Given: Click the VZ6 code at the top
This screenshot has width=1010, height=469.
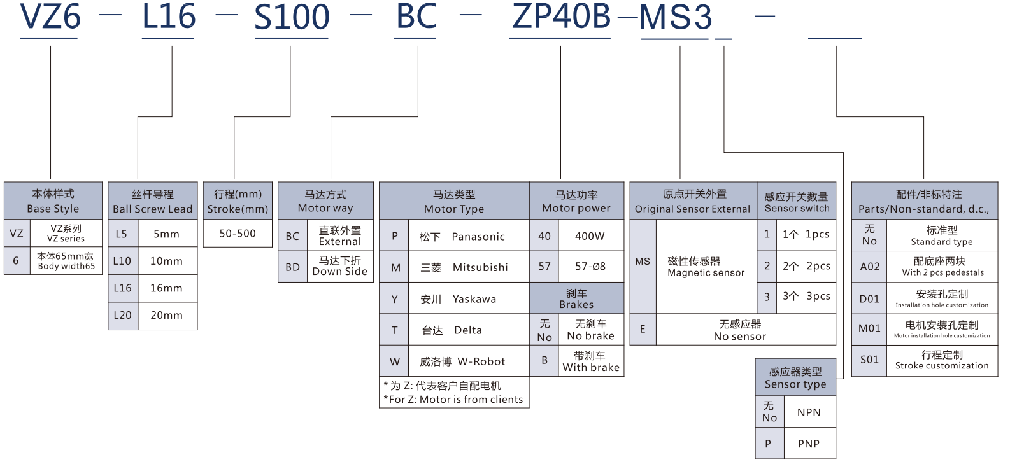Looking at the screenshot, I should click(50, 17).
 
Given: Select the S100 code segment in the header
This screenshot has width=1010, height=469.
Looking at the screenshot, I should click(292, 17).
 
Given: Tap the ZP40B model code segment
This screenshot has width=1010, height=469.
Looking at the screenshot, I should click(561, 17).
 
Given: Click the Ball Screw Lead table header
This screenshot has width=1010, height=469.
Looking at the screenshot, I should click(152, 201).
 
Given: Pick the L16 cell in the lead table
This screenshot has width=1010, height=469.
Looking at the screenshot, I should click(122, 288).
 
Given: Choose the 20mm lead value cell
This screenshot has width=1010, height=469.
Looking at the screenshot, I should click(166, 315).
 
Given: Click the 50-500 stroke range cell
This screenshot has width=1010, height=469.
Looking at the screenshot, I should click(238, 234).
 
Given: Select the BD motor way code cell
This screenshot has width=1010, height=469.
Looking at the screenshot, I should click(292, 267).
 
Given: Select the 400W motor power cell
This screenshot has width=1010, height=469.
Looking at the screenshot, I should click(590, 236).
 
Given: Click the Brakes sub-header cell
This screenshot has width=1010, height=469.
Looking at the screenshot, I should click(576, 298).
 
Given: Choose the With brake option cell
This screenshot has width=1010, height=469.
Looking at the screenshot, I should click(591, 361).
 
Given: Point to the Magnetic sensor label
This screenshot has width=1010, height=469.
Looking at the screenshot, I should click(706, 267).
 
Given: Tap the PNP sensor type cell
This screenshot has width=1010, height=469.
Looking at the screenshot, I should click(809, 444).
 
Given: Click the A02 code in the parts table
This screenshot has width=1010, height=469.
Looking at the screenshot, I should click(869, 267).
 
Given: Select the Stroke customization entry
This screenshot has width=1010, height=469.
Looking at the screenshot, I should click(942, 360).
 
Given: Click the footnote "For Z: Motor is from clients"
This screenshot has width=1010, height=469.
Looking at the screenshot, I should click(453, 400).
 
